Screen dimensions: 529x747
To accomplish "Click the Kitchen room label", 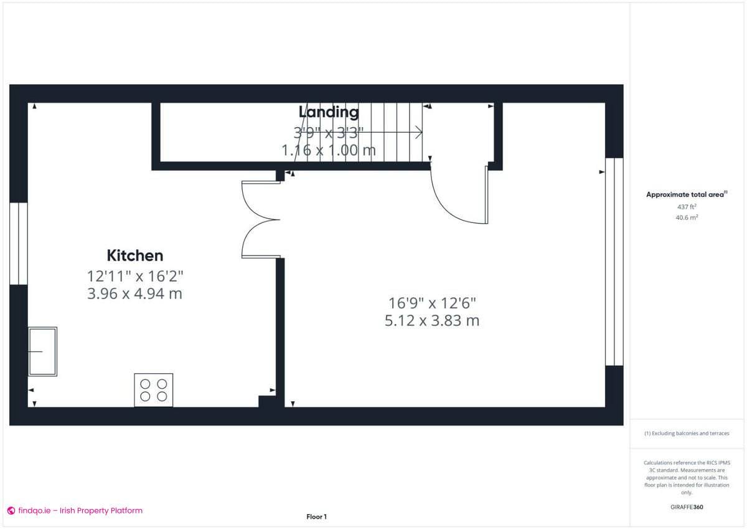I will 135,255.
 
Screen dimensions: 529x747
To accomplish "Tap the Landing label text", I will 329,112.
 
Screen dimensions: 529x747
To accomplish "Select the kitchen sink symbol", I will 42,351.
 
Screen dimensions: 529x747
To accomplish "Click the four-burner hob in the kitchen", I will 154,390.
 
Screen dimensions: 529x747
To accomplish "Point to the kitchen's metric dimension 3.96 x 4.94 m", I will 135,293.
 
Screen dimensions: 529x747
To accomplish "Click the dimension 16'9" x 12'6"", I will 433,303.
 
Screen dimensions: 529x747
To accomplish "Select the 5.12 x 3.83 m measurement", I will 433,321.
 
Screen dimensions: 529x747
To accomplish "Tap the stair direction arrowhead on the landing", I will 419,132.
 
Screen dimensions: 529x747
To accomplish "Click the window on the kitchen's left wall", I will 19,243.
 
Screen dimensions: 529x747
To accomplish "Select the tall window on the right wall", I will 614,262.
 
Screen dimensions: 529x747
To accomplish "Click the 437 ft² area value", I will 687,206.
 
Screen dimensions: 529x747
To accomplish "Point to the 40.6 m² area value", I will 687,217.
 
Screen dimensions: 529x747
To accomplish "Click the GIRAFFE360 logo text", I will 687,507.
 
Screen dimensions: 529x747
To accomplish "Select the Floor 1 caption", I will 316,517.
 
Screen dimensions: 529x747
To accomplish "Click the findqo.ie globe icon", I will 11,511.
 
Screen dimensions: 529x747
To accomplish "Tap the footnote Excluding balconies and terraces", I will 687,433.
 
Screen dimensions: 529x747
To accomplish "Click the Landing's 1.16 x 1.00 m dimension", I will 329,150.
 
